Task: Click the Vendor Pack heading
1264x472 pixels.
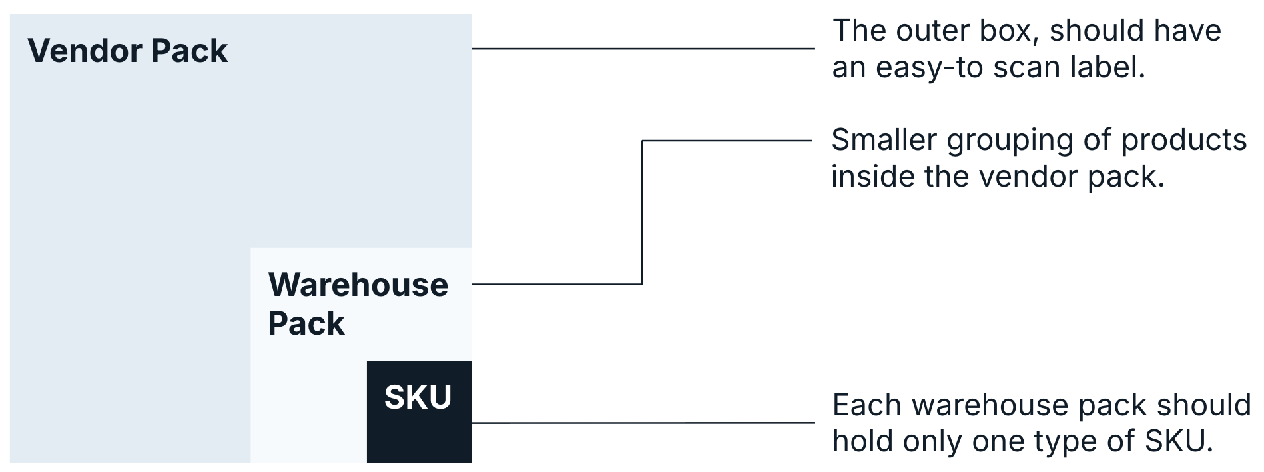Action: click(127, 51)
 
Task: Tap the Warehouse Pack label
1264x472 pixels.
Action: click(358, 304)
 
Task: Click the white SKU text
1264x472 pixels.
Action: click(418, 397)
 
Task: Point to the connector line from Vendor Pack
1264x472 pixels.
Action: click(643, 49)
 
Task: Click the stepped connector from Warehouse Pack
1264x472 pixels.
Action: click(642, 213)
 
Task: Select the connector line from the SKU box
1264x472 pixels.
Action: click(643, 423)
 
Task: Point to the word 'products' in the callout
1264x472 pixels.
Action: click(1183, 140)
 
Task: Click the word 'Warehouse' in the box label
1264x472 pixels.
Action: click(358, 285)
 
